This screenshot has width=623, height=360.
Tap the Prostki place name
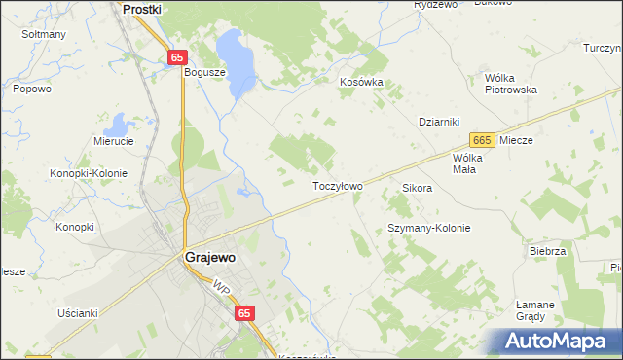(x=141, y=8)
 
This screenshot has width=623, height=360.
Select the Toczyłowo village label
(x=337, y=186)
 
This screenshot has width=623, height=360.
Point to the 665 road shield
(x=481, y=140)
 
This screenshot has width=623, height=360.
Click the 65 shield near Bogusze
(x=176, y=58)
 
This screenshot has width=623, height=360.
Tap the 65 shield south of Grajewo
(x=243, y=313)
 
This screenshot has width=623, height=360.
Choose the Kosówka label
(x=361, y=83)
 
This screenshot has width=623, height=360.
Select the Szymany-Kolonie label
(x=429, y=228)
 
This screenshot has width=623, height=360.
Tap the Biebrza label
(x=548, y=251)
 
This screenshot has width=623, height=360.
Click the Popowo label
(x=31, y=89)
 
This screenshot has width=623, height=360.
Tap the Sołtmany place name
(x=44, y=34)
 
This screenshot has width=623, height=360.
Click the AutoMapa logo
(x=559, y=342)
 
